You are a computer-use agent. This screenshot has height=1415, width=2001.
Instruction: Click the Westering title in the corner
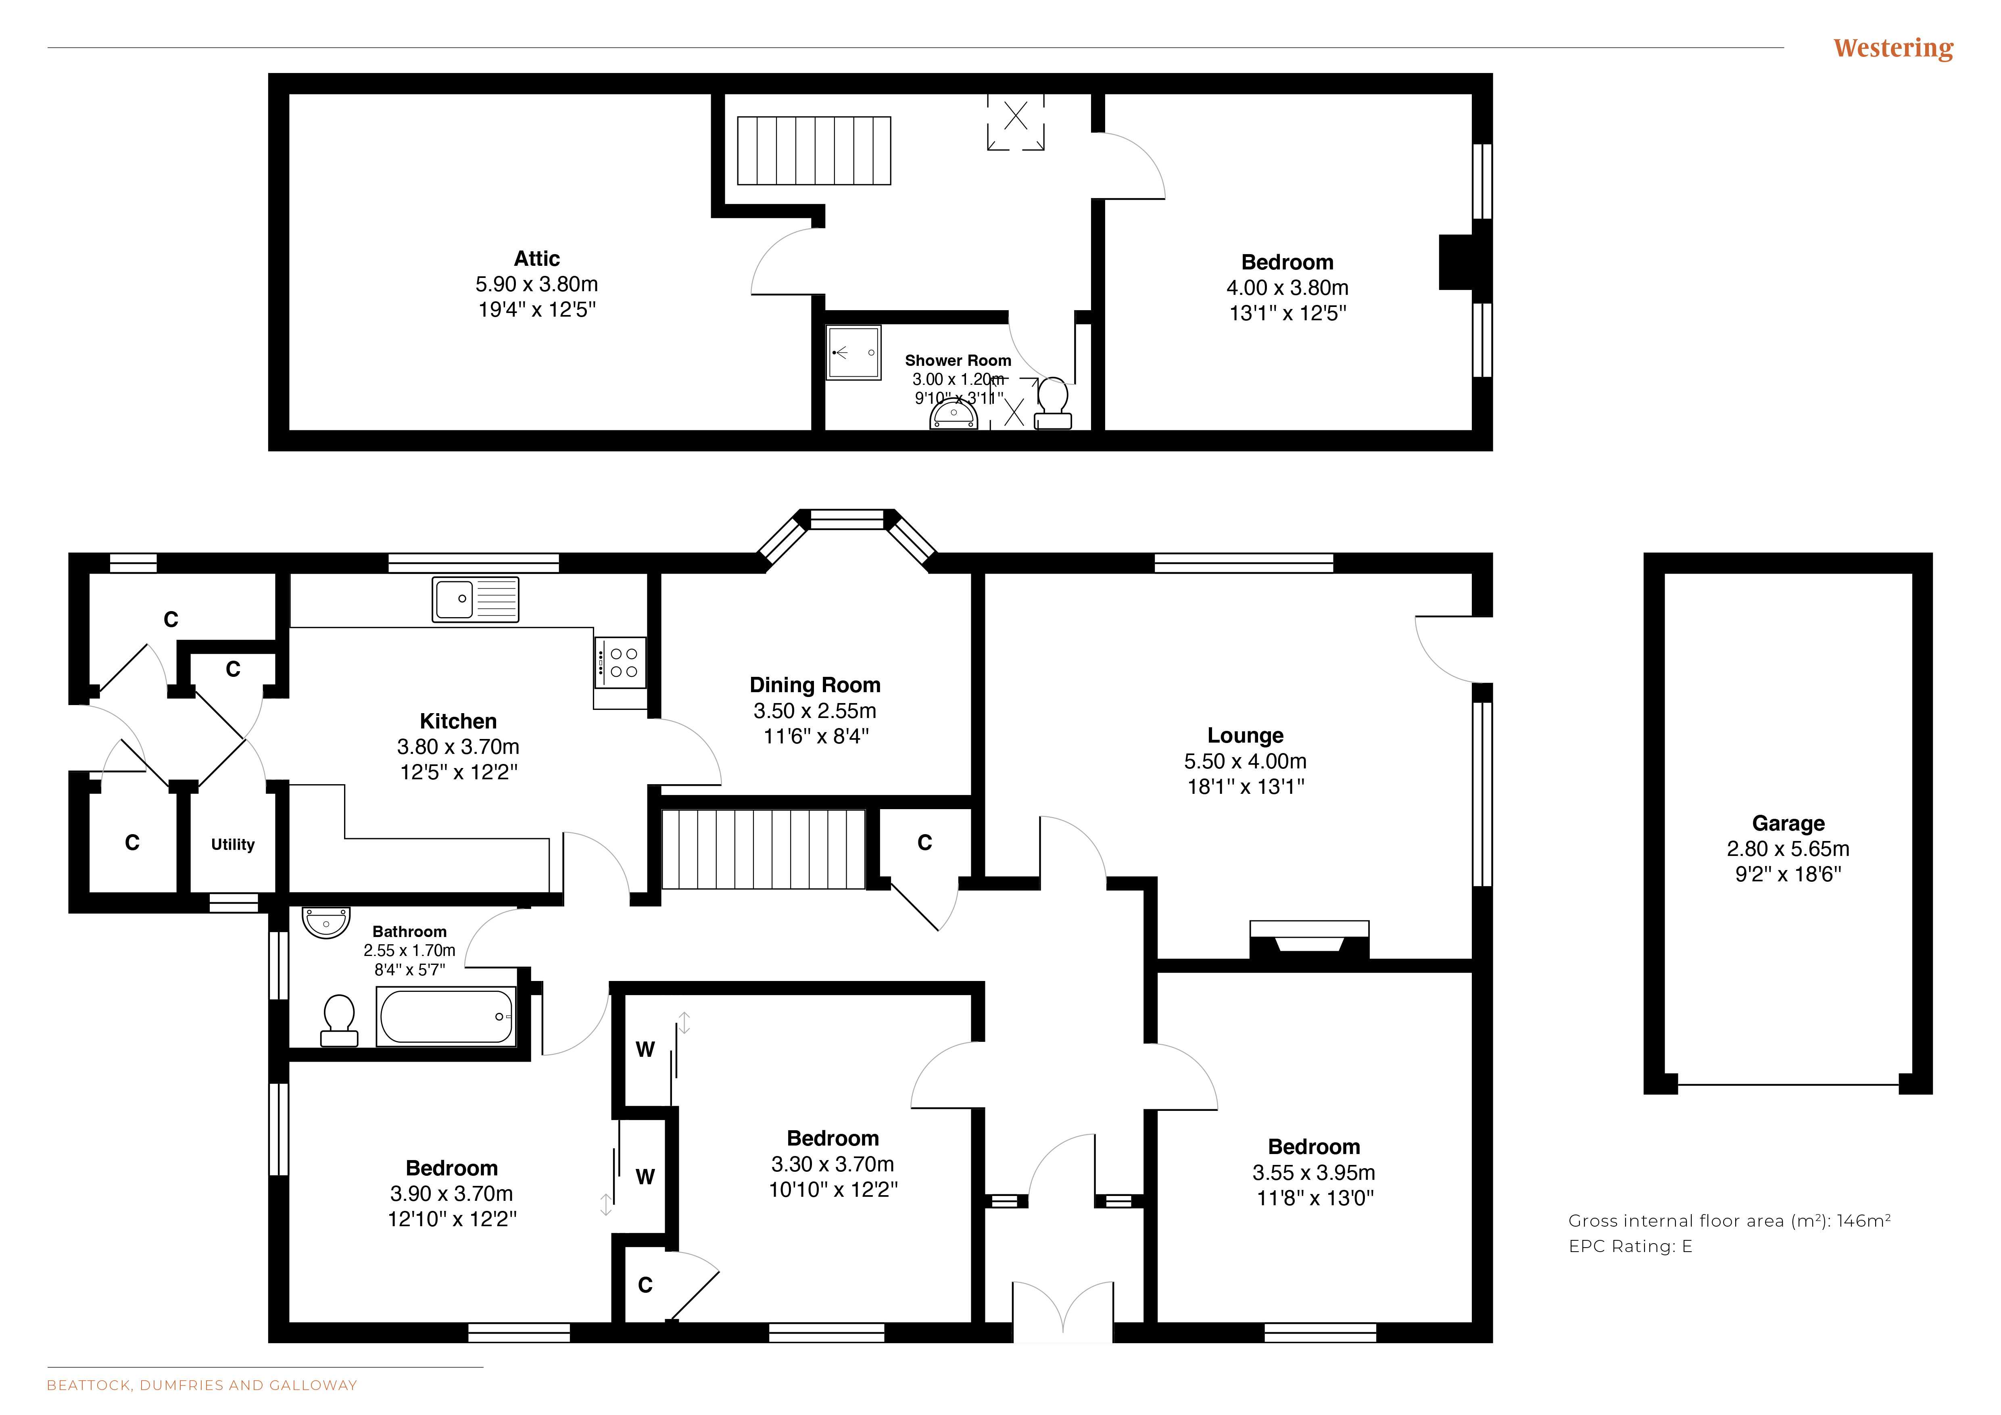[x=1893, y=49]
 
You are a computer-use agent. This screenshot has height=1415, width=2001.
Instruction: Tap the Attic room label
[x=537, y=259]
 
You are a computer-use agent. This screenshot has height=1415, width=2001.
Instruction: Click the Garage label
[x=1788, y=823]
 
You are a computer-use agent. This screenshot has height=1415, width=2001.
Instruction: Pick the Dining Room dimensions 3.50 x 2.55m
[x=815, y=711]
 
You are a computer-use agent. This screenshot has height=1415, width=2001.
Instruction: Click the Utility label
[x=233, y=844]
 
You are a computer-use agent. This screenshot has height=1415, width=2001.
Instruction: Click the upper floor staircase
[x=814, y=151]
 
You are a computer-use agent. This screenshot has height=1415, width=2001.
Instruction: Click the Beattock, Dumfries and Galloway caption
[x=202, y=1386]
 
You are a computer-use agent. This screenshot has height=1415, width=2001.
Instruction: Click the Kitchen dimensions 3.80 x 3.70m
[x=459, y=747]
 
